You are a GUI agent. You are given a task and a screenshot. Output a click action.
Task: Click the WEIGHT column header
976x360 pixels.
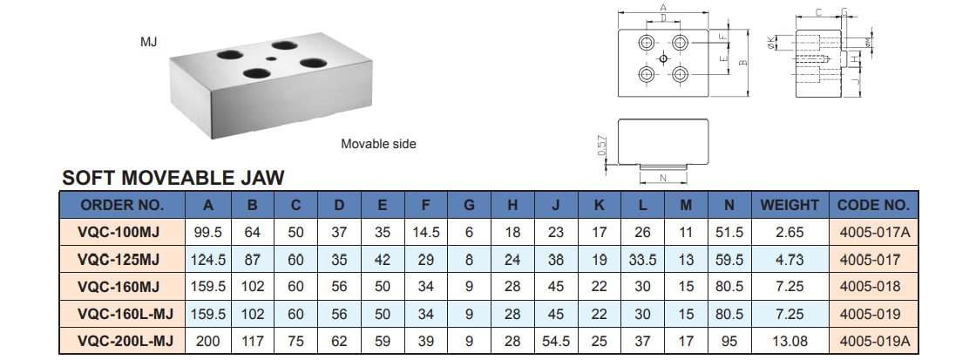click(790, 206)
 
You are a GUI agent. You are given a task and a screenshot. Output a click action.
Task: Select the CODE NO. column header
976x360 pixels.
click(873, 206)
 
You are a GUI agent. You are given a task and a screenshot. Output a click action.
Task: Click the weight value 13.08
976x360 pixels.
click(790, 341)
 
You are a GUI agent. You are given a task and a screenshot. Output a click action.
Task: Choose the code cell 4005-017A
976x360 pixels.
click(873, 233)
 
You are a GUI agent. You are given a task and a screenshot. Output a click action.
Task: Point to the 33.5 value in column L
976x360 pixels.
click(641, 260)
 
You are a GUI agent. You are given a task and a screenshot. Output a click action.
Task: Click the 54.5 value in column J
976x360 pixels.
click(555, 341)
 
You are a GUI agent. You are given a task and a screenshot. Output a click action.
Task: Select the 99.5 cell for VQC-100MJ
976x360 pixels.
click(208, 233)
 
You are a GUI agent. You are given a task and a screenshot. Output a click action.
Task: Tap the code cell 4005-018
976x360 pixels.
click(873, 287)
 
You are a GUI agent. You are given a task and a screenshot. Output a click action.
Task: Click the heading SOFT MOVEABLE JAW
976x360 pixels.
click(173, 179)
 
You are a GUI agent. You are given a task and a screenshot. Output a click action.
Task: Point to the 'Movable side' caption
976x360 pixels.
click(378, 144)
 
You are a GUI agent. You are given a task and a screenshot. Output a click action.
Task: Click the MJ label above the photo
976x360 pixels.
click(149, 42)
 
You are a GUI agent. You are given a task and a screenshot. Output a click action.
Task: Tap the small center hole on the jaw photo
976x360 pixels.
click(274, 59)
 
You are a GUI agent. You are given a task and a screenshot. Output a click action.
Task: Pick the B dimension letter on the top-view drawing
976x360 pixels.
click(742, 64)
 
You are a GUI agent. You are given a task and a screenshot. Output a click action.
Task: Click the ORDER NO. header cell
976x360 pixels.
click(122, 206)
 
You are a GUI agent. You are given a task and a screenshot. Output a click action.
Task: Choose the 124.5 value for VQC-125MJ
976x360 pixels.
click(208, 260)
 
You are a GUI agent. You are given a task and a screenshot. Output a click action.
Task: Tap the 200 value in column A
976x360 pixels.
click(208, 341)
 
